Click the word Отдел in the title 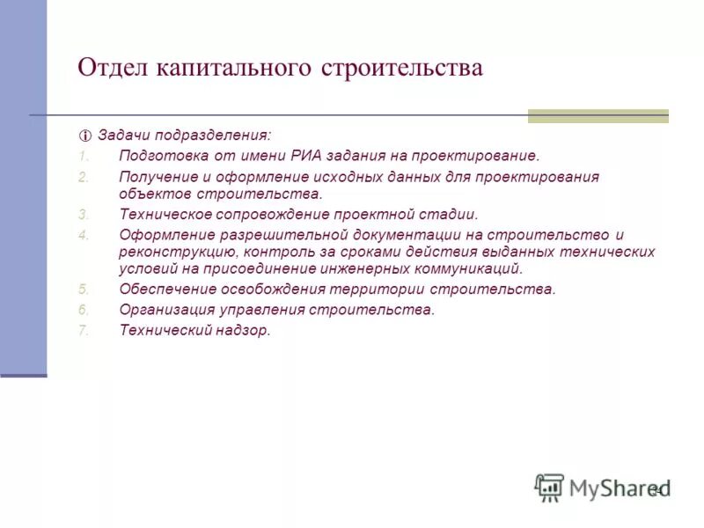pos(109,68)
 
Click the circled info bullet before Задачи pos(85,136)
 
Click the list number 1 pos(84,156)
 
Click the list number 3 pos(84,214)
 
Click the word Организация pos(164,310)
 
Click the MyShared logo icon pos(549,488)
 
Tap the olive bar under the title pos(598,115)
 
